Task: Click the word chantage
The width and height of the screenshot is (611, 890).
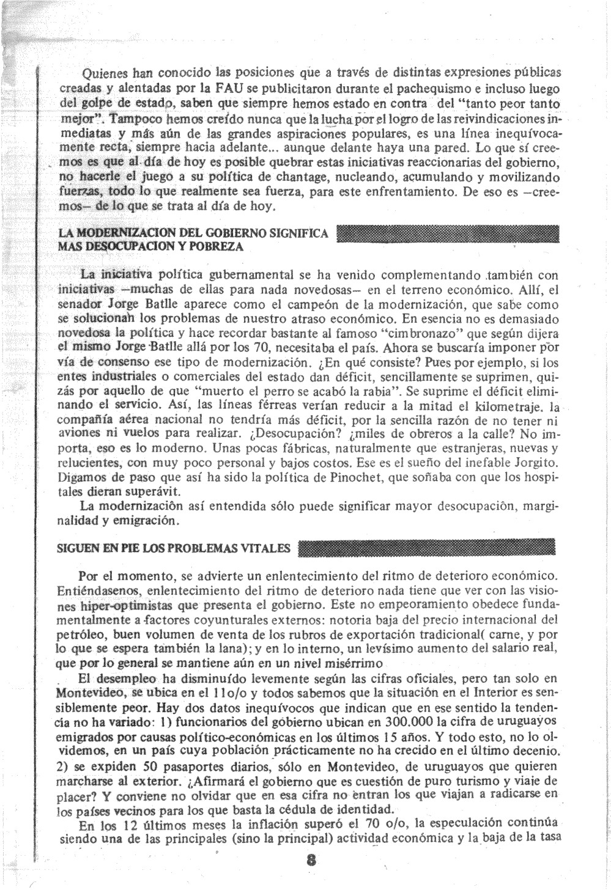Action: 287,177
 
